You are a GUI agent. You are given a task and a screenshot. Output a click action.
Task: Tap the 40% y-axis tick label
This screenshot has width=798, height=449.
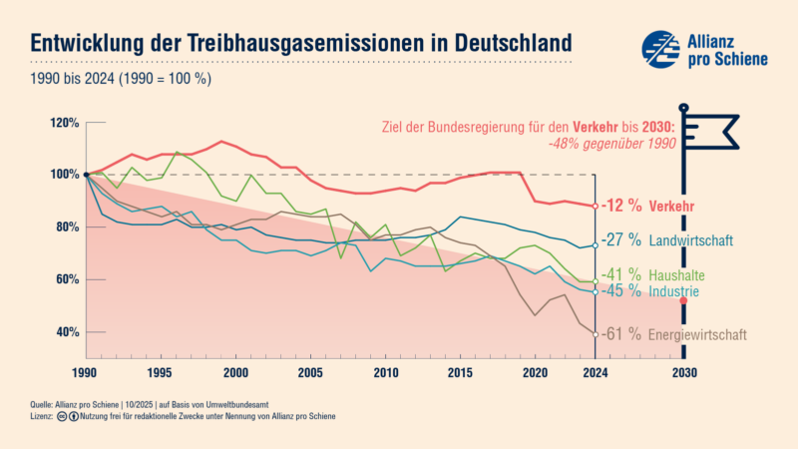point(66,332)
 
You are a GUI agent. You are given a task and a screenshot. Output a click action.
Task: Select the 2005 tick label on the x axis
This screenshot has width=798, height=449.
point(310,373)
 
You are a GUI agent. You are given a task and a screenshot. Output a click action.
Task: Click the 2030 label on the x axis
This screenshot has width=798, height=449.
point(683,373)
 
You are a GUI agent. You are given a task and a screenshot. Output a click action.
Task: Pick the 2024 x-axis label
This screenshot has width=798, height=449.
point(595,373)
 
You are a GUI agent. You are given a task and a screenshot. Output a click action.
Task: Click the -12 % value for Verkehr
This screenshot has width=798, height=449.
point(621,206)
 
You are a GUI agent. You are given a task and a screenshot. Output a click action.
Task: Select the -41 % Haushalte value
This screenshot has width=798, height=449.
point(620,274)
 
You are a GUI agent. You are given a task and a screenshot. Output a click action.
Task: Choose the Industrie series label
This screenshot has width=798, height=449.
point(673,291)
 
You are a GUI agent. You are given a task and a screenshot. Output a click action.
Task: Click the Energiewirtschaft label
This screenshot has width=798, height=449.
point(697,334)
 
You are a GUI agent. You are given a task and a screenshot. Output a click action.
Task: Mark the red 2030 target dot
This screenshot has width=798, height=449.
point(683,300)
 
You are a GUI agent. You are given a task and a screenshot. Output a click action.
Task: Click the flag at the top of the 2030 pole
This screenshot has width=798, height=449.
point(712,128)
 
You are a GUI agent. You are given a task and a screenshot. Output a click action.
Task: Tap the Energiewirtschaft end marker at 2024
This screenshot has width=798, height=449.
point(595,334)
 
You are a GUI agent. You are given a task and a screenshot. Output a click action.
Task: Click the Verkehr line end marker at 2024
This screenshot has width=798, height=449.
point(595,206)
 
